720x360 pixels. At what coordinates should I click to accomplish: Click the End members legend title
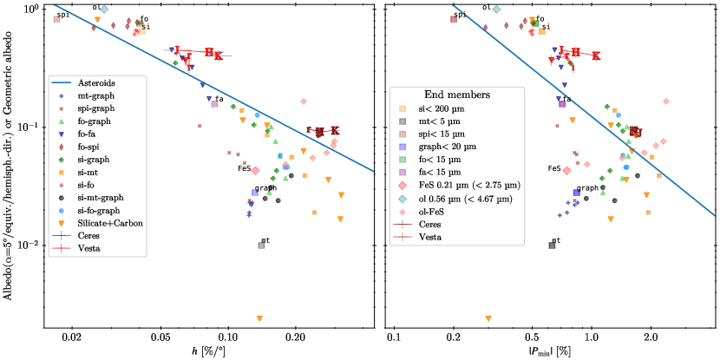tap(458, 95)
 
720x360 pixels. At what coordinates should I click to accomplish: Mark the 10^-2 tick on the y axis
tap(20, 245)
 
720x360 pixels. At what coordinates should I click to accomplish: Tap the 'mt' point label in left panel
tap(265, 240)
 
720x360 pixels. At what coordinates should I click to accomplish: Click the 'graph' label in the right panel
tap(587, 187)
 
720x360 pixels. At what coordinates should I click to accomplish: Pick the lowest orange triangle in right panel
tap(489, 318)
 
